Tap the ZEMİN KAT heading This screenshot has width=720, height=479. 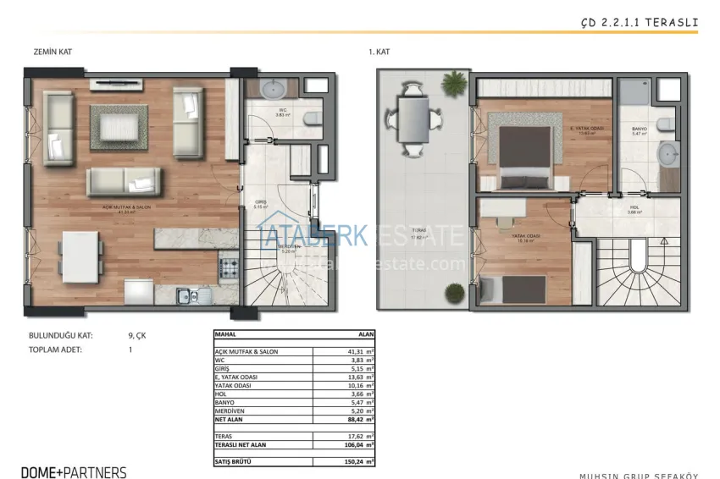click(x=53, y=52)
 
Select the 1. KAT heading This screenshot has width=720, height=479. click(x=379, y=52)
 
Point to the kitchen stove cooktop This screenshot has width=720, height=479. click(x=229, y=268)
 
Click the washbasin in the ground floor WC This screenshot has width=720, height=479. click(x=275, y=90)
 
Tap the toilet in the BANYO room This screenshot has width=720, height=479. click(x=667, y=125)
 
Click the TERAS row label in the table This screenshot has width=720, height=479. click(x=224, y=435)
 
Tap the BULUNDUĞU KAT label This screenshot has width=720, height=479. click(x=60, y=335)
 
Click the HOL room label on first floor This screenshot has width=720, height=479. click(x=634, y=206)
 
